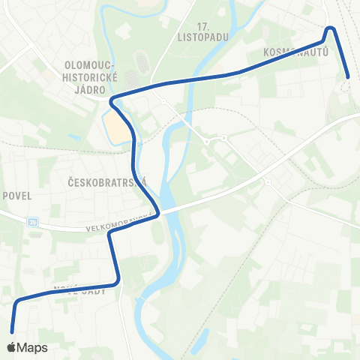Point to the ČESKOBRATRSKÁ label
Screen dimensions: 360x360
[x=106, y=182]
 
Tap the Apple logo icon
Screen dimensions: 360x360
[x=12, y=347]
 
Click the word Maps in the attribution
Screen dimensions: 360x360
[x=32, y=347]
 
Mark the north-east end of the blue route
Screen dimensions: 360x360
[x=349, y=76]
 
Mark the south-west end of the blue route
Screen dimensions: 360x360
[x=12, y=330]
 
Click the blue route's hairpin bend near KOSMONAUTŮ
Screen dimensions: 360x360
[x=329, y=29]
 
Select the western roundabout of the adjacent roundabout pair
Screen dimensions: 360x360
[x=206, y=141]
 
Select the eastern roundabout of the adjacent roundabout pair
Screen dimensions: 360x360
[x=224, y=138]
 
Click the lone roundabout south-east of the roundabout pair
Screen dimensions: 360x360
[x=266, y=182]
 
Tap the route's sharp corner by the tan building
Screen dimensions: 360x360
[x=112, y=100]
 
